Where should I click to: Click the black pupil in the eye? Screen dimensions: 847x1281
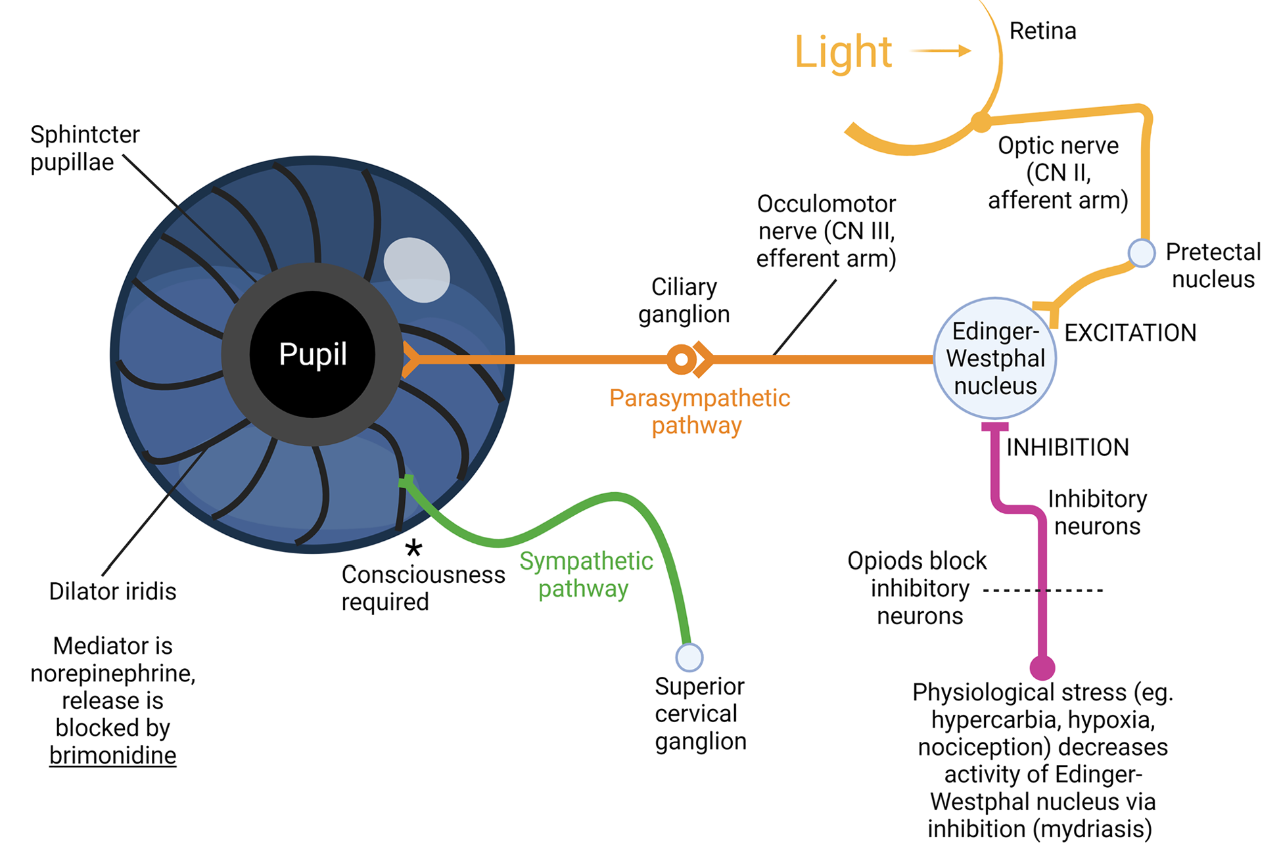pyautogui.click(x=312, y=355)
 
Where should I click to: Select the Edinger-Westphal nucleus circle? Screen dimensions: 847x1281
pyautogui.click(x=995, y=359)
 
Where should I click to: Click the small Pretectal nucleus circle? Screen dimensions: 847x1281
pyautogui.click(x=1142, y=253)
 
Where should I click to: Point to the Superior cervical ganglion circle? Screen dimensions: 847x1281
pyautogui.click(x=689, y=657)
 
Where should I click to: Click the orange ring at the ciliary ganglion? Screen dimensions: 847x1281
pyautogui.click(x=682, y=359)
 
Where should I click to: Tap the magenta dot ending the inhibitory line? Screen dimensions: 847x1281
pyautogui.click(x=1042, y=667)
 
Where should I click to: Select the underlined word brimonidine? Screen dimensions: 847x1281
pyautogui.click(x=112, y=756)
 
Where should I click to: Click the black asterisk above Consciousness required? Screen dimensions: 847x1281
pyautogui.click(x=413, y=548)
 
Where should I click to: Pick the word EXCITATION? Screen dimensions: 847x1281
pyautogui.click(x=1130, y=333)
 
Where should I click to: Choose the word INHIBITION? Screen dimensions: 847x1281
pyautogui.click(x=1067, y=447)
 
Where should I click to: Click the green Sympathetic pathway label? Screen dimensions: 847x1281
pyautogui.click(x=586, y=575)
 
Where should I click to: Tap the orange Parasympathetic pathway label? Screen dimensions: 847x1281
pyautogui.click(x=699, y=412)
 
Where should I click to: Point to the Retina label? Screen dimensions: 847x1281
pyautogui.click(x=1042, y=31)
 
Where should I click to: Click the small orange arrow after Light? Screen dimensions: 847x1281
pyautogui.click(x=941, y=51)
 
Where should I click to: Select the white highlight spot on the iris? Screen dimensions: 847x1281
pyautogui.click(x=416, y=270)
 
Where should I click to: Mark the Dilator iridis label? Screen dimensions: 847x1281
pyautogui.click(x=112, y=591)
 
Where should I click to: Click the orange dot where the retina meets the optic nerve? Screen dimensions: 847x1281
pyautogui.click(x=981, y=122)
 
